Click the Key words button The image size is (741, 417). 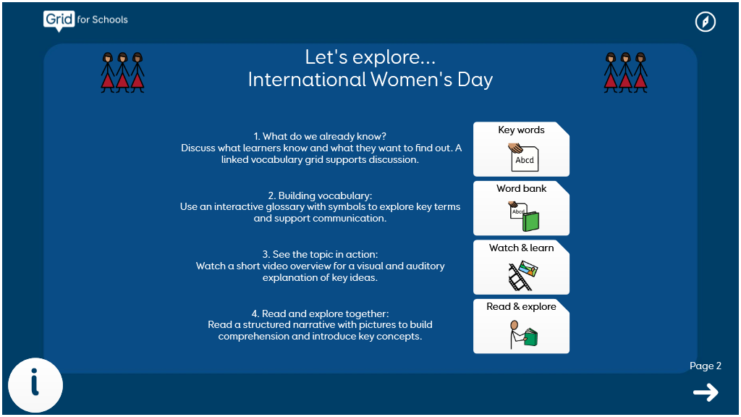pyautogui.click(x=521, y=149)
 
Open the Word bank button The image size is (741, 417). pyautogui.click(x=521, y=208)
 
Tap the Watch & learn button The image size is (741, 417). pyautogui.click(x=521, y=267)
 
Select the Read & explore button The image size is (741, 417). pyautogui.click(x=521, y=327)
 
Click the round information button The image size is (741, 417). pyautogui.click(x=35, y=385)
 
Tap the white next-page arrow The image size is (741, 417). pyautogui.click(x=706, y=392)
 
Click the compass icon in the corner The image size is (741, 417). pyautogui.click(x=705, y=22)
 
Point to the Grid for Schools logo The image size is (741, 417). pyautogui.click(x=85, y=21)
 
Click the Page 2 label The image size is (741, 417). pyautogui.click(x=705, y=366)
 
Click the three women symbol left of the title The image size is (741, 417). pyautogui.click(x=122, y=72)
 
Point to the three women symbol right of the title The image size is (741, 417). pyautogui.click(x=626, y=72)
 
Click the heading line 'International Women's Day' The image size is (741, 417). pyautogui.click(x=370, y=80)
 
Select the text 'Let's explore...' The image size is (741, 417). pyautogui.click(x=370, y=57)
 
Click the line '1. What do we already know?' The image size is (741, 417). pyautogui.click(x=320, y=136)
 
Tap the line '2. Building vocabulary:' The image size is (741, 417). pyautogui.click(x=320, y=195)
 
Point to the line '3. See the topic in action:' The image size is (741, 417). pyautogui.click(x=320, y=254)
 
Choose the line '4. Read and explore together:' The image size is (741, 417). pyautogui.click(x=320, y=313)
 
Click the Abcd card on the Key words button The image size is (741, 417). pyautogui.click(x=525, y=160)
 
